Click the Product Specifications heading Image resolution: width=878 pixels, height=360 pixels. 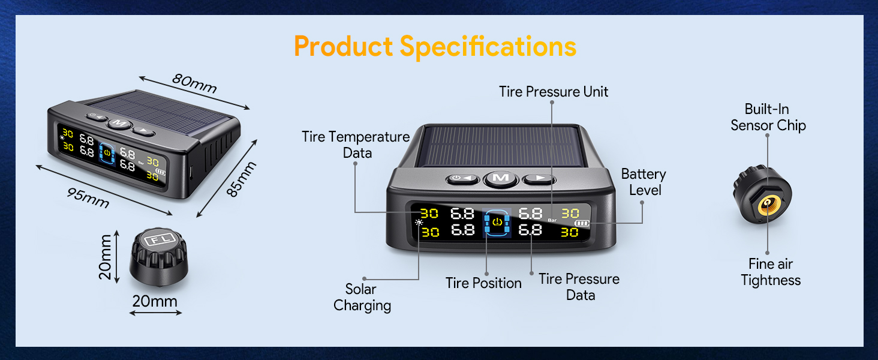point(435,47)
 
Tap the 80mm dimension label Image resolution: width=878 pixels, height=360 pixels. point(194,83)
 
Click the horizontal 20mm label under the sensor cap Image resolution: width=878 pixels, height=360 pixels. point(155,301)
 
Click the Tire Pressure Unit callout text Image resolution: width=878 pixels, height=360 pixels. point(554,92)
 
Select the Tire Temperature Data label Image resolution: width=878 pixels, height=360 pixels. point(356,145)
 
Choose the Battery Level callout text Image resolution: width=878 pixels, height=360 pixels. point(643,182)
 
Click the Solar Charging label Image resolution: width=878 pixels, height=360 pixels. point(362,297)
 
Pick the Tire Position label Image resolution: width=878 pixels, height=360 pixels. point(483,283)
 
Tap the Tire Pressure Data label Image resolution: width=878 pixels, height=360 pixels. point(579,287)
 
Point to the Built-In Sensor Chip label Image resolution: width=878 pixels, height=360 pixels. point(768,117)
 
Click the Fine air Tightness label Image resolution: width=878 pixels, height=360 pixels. point(771,272)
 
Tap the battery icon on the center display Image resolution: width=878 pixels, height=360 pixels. point(581,224)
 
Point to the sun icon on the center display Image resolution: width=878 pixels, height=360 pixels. point(418,223)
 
